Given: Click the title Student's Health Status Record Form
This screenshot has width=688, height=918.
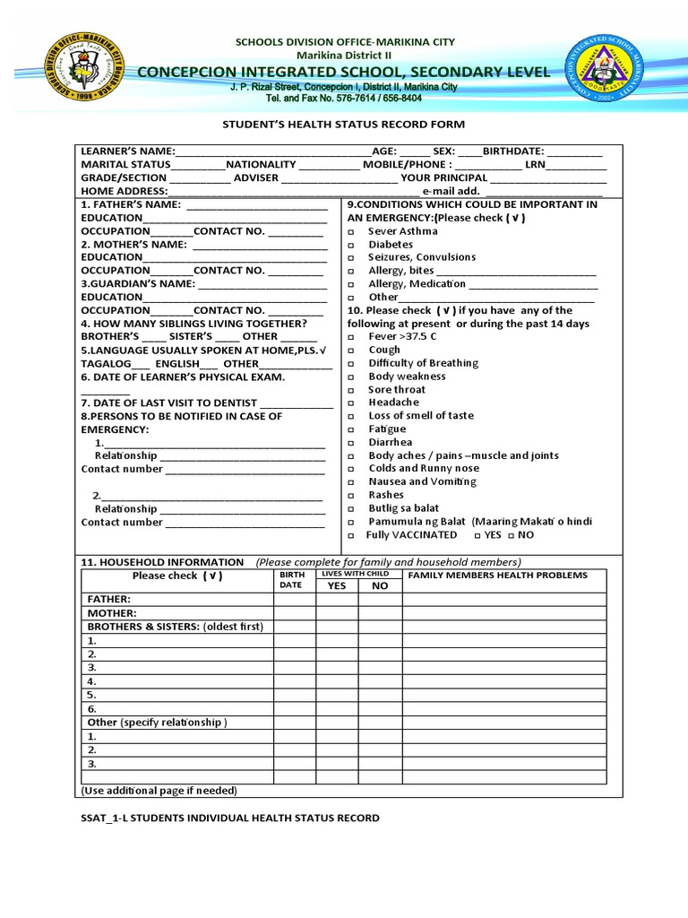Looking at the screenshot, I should click(343, 125).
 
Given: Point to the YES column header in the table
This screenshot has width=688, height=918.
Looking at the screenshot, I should click(336, 585).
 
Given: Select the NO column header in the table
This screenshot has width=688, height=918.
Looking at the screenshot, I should click(380, 585).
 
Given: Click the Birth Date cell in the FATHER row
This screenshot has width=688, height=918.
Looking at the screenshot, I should click(292, 600).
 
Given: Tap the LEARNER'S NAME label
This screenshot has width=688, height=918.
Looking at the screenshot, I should click(128, 152).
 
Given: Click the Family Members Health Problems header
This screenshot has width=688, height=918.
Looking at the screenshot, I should click(498, 576).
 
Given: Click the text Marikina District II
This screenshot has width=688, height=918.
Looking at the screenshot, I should click(344, 55).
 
